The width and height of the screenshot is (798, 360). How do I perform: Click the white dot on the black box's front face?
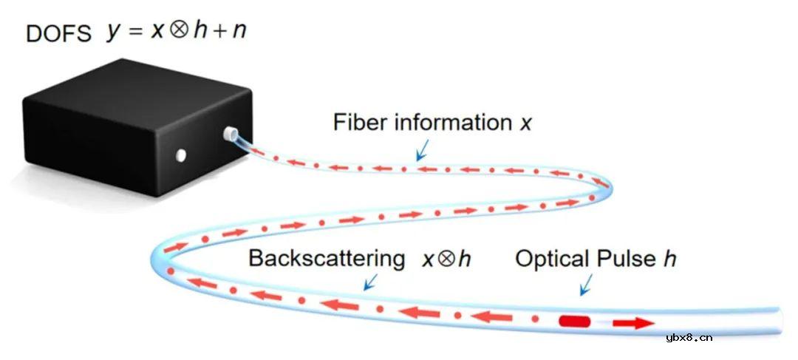[x=180, y=155]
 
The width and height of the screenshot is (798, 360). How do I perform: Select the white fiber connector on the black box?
[x=231, y=135]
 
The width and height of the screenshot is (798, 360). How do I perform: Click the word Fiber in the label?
[x=357, y=122]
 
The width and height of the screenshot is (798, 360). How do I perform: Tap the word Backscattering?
[x=327, y=259]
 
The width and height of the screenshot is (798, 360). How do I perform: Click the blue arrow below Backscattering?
[x=369, y=282]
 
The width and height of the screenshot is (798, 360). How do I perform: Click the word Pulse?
[x=628, y=259]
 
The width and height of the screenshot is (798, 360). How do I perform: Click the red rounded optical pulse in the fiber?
[x=574, y=322]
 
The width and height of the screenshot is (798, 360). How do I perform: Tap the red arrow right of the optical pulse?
[x=632, y=323]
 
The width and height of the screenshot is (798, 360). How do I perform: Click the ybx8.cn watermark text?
[x=689, y=338]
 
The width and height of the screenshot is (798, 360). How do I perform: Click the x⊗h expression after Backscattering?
[x=446, y=259]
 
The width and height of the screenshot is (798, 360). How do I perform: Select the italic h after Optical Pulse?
[x=670, y=259]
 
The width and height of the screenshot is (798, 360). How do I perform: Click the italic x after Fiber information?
[x=525, y=123]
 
